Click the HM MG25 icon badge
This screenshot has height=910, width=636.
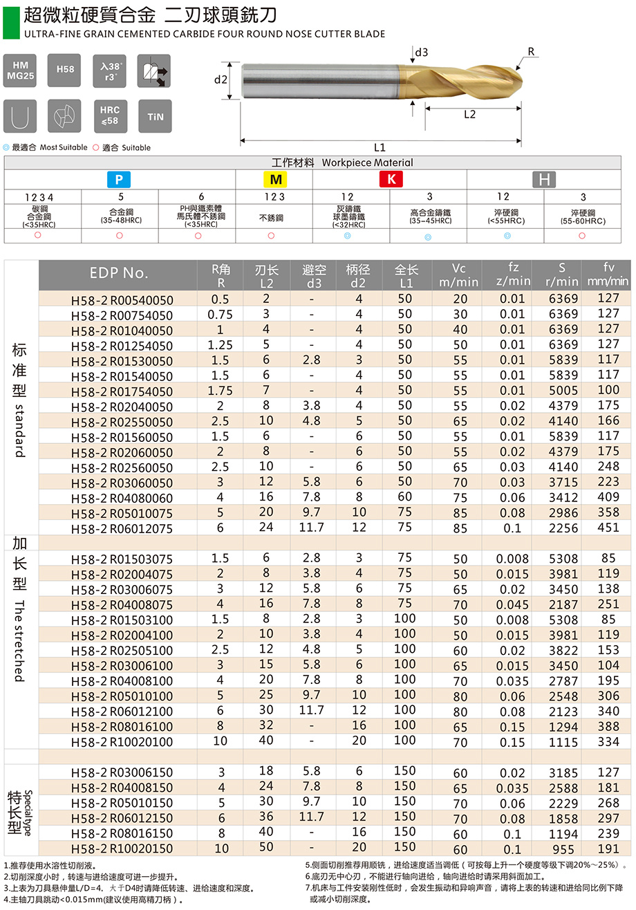pos(21,70)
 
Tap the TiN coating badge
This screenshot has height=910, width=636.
pos(155,115)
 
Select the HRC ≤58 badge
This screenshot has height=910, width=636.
pos(110,115)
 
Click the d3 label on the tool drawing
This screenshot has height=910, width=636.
pos(422,53)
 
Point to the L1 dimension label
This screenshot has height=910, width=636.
pos(380,147)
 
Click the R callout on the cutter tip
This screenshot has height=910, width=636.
pos(531,52)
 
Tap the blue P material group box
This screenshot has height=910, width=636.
pos(119,180)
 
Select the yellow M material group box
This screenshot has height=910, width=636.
pos(274,180)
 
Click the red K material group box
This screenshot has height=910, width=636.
pos(391,180)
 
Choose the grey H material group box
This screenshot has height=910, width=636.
pos(544,180)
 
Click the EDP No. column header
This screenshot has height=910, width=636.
pos(119,273)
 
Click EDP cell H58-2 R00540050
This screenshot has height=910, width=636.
pos(122,300)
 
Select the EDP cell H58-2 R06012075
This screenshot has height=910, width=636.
pos(122,528)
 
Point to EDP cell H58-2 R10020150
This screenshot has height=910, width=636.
pos(122,848)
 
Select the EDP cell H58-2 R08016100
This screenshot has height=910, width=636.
pos(122,726)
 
